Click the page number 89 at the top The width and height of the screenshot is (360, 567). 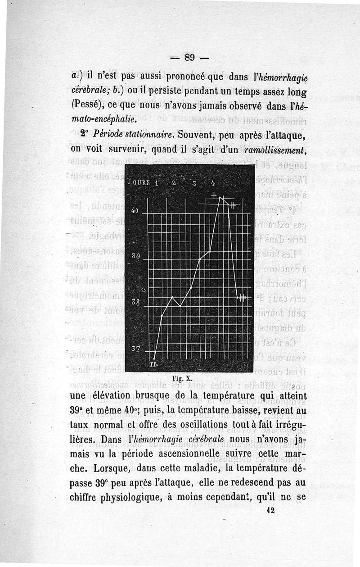189,57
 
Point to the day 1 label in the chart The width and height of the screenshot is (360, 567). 156,183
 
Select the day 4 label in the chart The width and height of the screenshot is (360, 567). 212,183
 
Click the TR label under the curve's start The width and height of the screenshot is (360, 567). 153,364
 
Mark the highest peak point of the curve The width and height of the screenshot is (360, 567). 219,197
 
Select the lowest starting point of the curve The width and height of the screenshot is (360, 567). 154,358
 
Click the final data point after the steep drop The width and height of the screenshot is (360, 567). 237,298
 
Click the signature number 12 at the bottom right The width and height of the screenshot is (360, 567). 270,510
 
